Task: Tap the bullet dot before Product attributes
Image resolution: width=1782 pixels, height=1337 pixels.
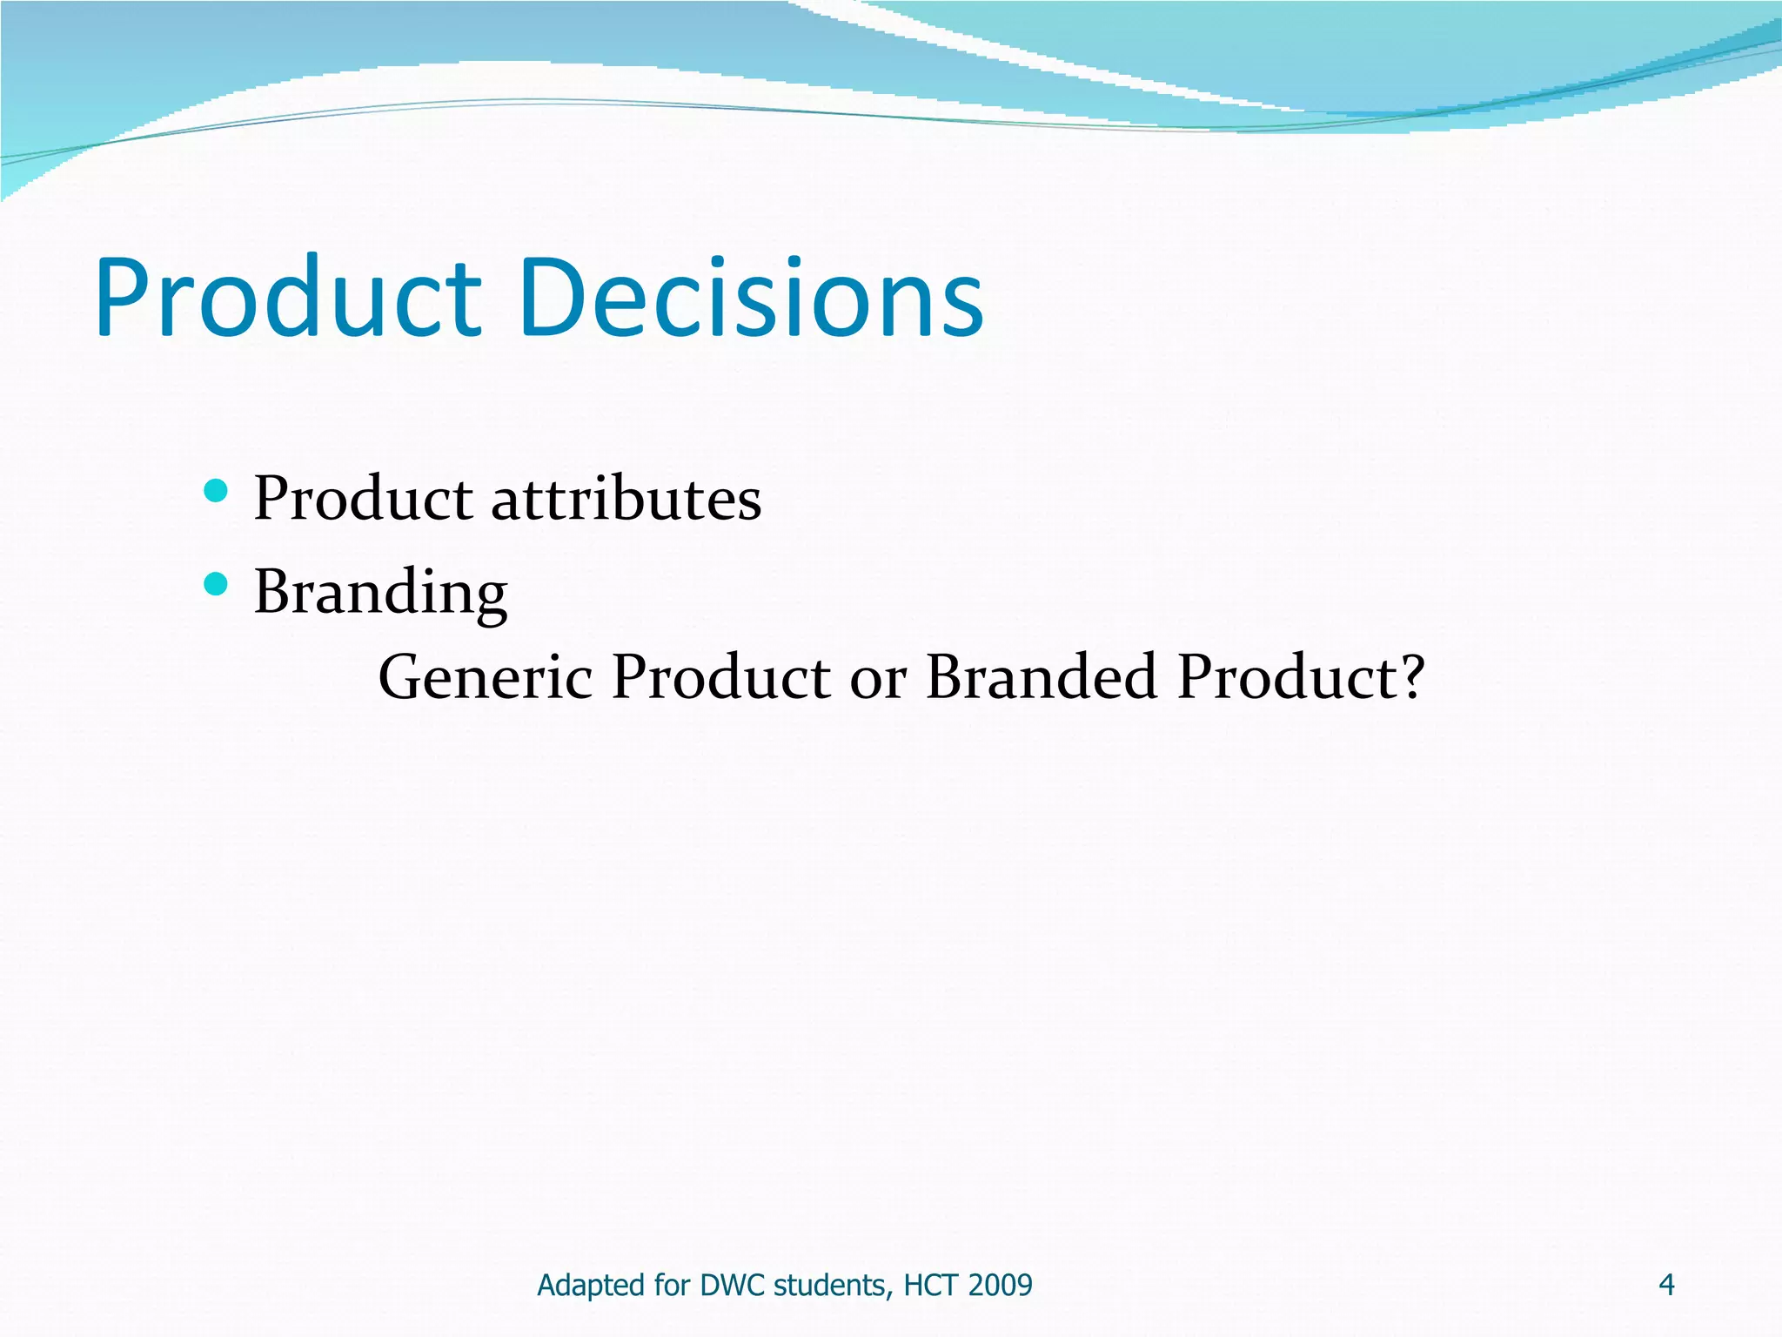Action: [215, 491]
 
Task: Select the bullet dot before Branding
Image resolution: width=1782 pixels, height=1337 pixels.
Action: [215, 584]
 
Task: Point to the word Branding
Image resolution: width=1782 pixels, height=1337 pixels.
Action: [380, 592]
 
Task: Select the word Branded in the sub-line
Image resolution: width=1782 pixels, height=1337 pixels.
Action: [1041, 676]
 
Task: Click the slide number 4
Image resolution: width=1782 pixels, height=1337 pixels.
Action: [1666, 1285]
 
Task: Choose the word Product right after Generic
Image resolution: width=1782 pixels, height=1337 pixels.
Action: [721, 676]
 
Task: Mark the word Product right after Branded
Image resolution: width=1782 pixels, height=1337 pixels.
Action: [1286, 676]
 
